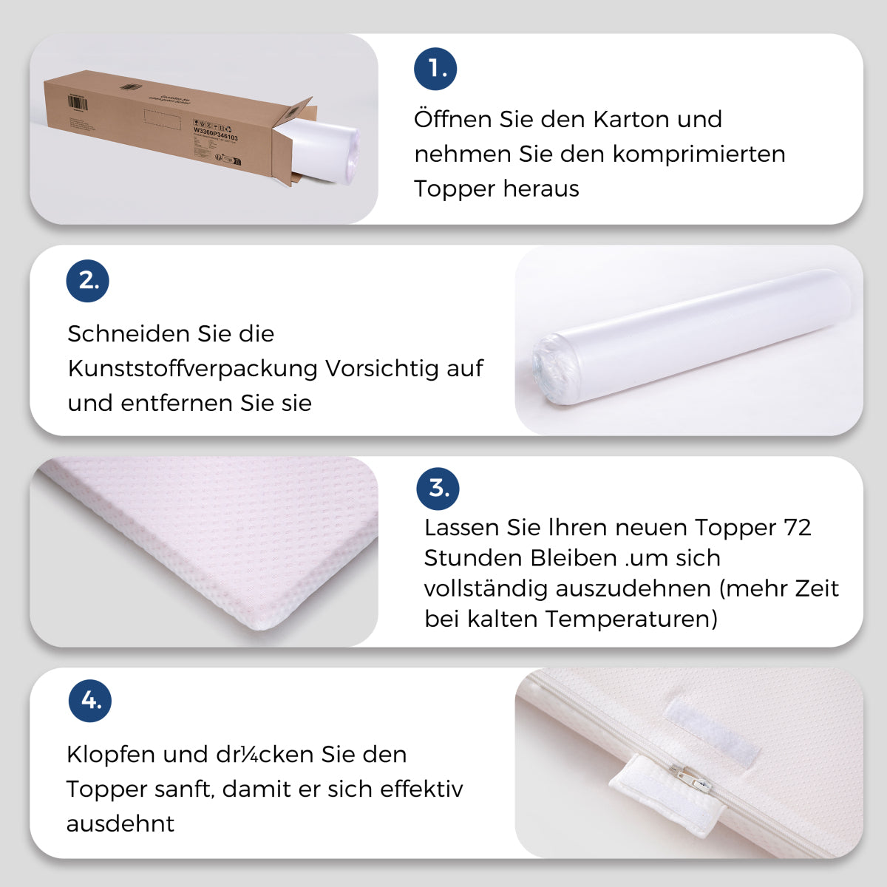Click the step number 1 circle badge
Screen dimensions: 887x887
(x=435, y=69)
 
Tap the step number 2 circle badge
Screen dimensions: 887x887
(x=88, y=281)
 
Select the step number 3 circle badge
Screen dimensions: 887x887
(x=438, y=489)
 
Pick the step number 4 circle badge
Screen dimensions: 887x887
(x=90, y=701)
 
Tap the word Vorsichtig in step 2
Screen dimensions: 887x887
(x=382, y=368)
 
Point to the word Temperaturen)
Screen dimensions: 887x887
(x=631, y=619)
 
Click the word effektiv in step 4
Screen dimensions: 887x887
(x=421, y=789)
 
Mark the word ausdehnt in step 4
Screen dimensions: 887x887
(x=120, y=823)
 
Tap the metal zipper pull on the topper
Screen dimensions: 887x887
(x=688, y=779)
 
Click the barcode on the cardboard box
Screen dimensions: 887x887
(x=78, y=103)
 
